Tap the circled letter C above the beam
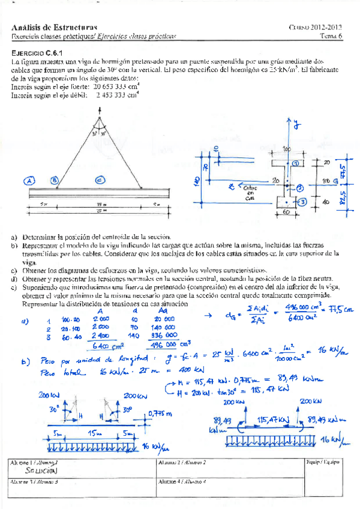[100, 179]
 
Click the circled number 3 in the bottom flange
[303, 202]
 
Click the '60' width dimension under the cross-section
[287, 212]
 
